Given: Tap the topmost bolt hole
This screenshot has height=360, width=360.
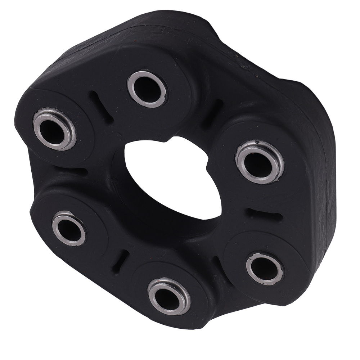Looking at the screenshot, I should tap(147, 89).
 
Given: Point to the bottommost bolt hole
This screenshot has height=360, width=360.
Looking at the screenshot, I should tap(168, 296).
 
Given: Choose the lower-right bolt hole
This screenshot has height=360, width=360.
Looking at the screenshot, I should tap(265, 269).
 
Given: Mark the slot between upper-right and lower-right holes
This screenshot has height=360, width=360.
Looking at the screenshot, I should tap(265, 215).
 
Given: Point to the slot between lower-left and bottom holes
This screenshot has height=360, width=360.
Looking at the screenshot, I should tap(120, 262).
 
